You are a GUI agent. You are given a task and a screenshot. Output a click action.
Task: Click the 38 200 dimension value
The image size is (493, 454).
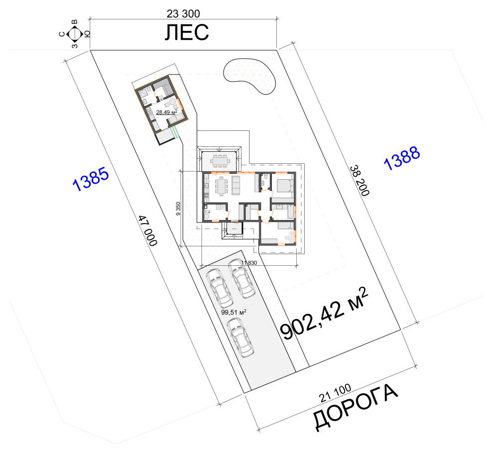pyautogui.click(x=359, y=181)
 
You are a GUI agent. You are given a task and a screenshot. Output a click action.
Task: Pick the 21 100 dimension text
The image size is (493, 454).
pyautogui.click(x=336, y=393)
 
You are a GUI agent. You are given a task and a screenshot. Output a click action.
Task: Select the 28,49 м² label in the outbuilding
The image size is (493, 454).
pyautogui.click(x=167, y=112)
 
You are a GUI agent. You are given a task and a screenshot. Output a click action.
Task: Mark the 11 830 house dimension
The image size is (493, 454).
pyautogui.click(x=249, y=263)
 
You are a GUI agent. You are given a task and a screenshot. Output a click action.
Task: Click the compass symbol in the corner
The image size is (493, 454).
pyautogui.click(x=75, y=34)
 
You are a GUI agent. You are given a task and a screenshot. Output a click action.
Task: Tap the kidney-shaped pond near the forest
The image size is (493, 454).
pyautogui.click(x=250, y=76)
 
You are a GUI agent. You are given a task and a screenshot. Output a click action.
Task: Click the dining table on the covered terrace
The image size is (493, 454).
pyautogui.click(x=219, y=160)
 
